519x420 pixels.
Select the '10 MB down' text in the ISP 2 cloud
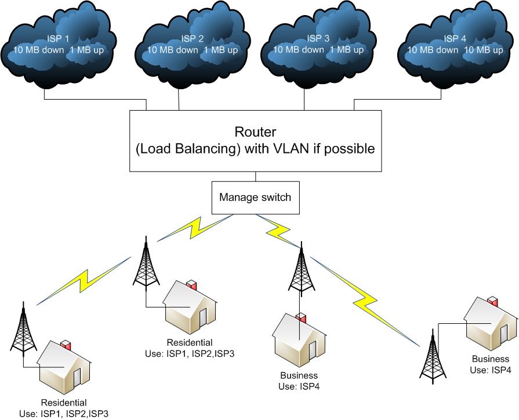click(x=172, y=50)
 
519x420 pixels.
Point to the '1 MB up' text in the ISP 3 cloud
click(x=347, y=50)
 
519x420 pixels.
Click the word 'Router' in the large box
click(x=255, y=132)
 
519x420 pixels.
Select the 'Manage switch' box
click(x=255, y=197)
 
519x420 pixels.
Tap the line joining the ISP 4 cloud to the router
click(x=406, y=98)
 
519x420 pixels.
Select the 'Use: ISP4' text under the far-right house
click(x=491, y=370)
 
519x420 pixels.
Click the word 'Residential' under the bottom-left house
click(x=64, y=403)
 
